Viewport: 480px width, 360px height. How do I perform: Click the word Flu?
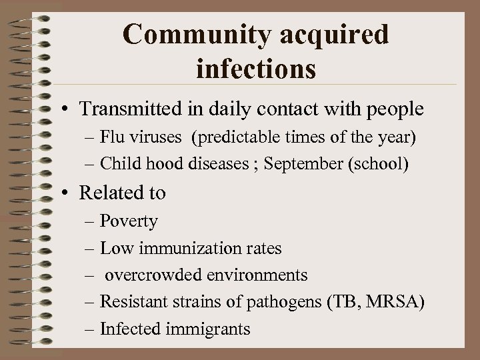coord(112,139)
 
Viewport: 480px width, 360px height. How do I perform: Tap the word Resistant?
coord(130,301)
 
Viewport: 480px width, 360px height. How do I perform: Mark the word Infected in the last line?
coord(126,328)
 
